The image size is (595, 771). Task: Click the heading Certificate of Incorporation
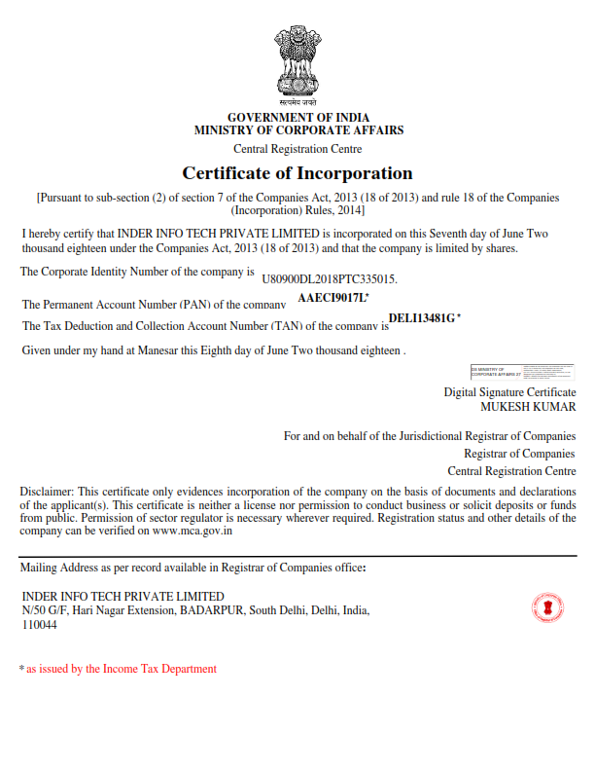297,173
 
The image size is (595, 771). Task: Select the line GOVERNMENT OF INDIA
297,118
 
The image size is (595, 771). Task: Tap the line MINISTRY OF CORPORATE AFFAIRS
298,130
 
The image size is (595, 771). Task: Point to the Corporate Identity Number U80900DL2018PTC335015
331,278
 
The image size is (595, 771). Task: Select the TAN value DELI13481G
421,318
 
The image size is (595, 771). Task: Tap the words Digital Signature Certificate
509,391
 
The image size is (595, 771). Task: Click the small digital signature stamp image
522,371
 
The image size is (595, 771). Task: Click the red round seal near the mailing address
548,607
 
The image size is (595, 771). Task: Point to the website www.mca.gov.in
192,532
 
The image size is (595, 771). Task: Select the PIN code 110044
39,625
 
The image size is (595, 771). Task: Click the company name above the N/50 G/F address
122,596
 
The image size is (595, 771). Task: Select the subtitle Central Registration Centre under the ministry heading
297,149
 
